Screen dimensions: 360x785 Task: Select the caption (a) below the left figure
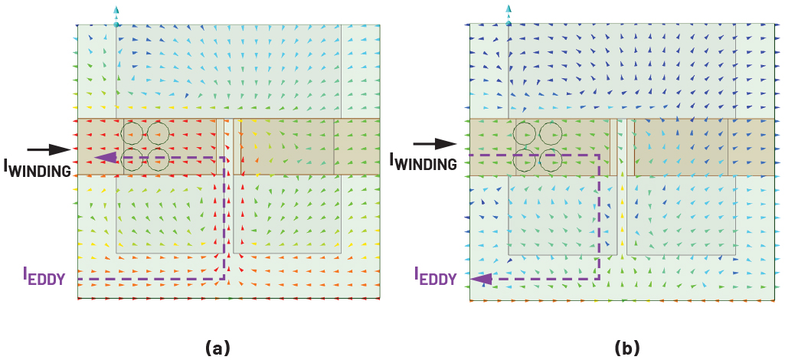(218, 348)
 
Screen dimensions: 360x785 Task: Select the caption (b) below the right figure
(626, 348)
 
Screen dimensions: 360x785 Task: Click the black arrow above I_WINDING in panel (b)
(433, 143)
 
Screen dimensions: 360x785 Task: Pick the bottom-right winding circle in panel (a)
(158, 160)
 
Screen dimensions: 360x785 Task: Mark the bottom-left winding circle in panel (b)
(525, 160)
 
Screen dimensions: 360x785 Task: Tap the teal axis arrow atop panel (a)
(116, 15)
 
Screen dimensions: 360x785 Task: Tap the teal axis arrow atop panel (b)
(508, 13)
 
